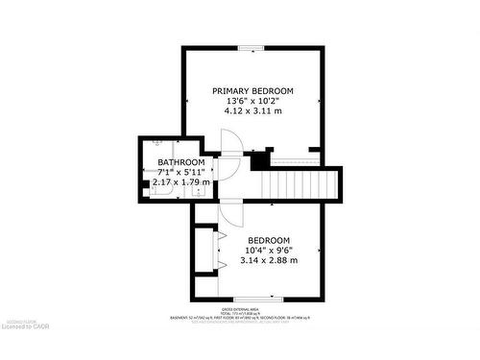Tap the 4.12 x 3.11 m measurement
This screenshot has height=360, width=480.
coord(252,111)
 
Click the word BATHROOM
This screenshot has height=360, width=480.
coord(180,162)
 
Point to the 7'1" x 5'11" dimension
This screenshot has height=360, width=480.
coord(180,172)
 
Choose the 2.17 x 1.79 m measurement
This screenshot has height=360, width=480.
coord(180,182)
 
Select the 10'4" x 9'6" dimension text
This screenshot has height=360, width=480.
coord(269,251)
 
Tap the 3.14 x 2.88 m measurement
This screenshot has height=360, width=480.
coord(269,261)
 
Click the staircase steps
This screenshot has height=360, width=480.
coord(302,181)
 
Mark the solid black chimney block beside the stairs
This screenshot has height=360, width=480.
coord(259,161)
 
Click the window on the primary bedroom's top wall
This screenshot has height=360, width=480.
coord(252,46)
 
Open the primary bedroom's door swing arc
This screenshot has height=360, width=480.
coord(230,141)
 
